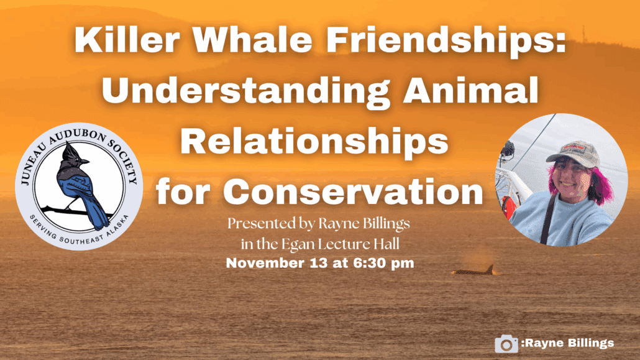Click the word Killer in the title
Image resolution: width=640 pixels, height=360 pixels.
click(127, 40)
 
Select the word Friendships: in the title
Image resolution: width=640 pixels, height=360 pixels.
click(446, 40)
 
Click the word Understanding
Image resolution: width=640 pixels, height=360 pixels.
click(246, 91)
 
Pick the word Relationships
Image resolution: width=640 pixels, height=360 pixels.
click(314, 142)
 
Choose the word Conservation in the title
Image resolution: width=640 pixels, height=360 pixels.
click(354, 192)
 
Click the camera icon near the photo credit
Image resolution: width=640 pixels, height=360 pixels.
click(506, 344)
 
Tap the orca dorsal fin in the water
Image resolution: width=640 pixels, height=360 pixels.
click(489, 269)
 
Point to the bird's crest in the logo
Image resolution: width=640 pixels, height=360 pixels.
click(70, 153)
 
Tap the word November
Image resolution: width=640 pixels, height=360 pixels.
click(266, 263)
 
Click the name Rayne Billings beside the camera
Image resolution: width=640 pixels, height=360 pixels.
click(570, 343)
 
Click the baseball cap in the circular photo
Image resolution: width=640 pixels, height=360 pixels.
click(573, 154)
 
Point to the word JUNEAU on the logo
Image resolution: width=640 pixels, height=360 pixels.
click(34, 164)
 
